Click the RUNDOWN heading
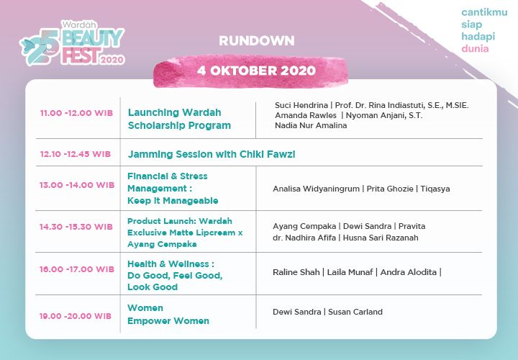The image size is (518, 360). [257, 40]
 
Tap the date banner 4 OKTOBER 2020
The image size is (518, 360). [256, 71]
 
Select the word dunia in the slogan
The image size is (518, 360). [475, 49]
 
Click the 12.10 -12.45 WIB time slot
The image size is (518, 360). [75, 154]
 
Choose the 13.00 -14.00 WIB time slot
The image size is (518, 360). [76, 185]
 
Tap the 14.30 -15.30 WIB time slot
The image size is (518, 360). [76, 227]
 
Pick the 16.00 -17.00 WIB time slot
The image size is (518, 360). [76, 269]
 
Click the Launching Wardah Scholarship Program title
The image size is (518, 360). [179, 119]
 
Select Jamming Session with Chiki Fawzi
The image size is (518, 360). [212, 154]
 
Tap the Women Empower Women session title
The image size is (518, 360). [168, 315]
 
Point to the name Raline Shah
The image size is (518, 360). [296, 272]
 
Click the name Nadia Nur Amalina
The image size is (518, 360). [310, 125]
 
